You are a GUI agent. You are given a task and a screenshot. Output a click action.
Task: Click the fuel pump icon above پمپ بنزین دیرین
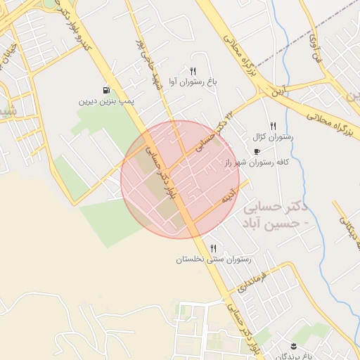[106, 90]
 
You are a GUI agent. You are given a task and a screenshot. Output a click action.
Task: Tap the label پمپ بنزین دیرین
[106, 101]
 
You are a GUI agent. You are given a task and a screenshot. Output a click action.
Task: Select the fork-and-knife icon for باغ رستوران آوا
[193, 71]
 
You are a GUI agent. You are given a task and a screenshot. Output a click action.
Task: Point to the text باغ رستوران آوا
[193, 82]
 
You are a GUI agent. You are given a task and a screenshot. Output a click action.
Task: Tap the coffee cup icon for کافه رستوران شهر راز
[257, 151]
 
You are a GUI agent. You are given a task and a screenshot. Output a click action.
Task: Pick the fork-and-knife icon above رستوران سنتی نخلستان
[213, 247]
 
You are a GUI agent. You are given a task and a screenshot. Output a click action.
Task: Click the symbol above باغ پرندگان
[293, 345]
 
